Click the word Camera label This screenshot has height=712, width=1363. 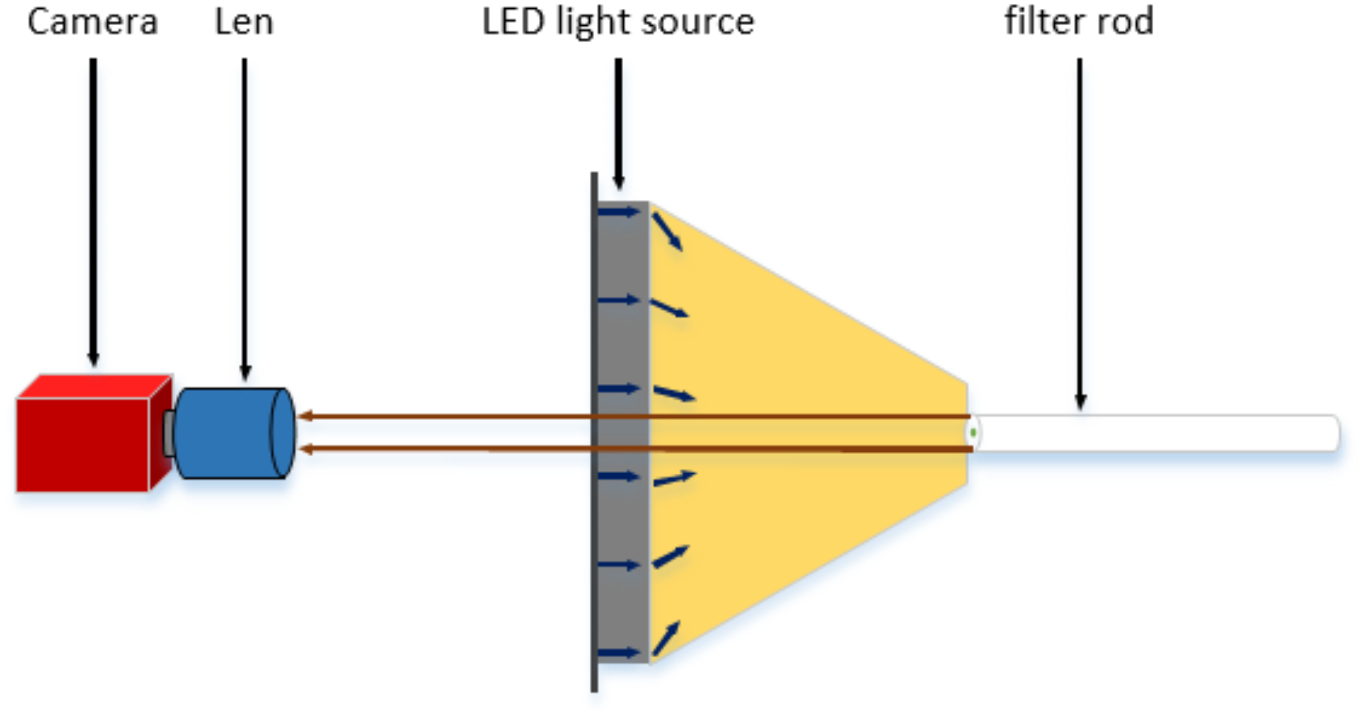point(92,22)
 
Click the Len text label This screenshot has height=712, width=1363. point(244,22)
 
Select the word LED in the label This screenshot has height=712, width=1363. point(513,22)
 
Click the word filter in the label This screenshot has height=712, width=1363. point(1045,22)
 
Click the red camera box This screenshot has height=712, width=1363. point(83,445)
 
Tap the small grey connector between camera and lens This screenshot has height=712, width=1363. point(168,433)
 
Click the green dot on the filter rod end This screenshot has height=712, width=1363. point(973,432)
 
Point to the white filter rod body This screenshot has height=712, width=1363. point(1154,433)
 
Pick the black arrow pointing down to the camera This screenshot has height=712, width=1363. point(94,210)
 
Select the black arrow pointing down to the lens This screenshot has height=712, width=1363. point(245,217)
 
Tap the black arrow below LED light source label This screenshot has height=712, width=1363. point(618,122)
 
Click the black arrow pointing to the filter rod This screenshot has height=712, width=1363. point(1080,231)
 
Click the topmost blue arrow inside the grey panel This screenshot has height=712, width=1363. point(618,212)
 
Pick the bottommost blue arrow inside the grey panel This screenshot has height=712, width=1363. point(618,653)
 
